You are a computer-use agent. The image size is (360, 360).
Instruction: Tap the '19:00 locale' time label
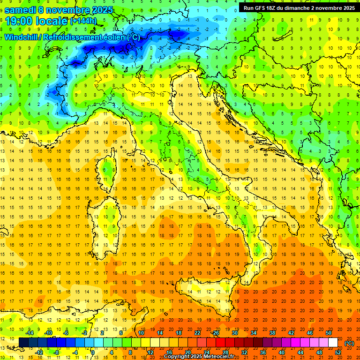click(x=37, y=21)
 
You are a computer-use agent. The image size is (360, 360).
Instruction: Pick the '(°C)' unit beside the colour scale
click(x=349, y=343)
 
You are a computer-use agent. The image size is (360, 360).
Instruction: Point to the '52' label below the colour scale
click(x=338, y=352)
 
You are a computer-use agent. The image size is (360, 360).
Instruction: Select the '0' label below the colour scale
click(x=93, y=352)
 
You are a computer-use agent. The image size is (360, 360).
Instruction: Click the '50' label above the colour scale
click(x=329, y=333)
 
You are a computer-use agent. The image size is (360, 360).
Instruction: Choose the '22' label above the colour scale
click(x=197, y=333)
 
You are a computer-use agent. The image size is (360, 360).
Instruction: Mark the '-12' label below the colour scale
click(x=39, y=352)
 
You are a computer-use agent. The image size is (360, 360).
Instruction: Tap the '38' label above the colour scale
click(x=272, y=333)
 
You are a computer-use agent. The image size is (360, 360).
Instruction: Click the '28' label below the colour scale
click(x=225, y=352)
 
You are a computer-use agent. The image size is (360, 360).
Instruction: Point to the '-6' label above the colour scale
click(x=66, y=333)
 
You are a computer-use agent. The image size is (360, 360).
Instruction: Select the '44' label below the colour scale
click(x=300, y=352)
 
